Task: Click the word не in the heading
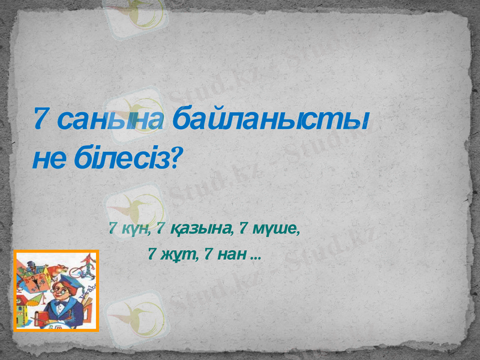pyautogui.click(x=49, y=160)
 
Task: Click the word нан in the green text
pyautogui.click(x=230, y=254)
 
